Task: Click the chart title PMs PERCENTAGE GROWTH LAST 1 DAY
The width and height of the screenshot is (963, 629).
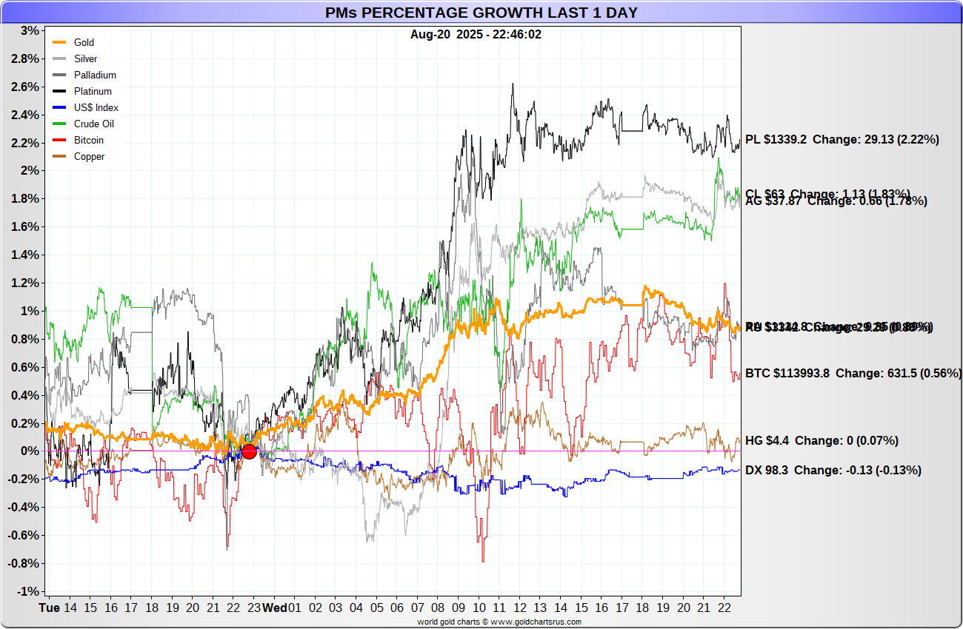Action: [x=481, y=13]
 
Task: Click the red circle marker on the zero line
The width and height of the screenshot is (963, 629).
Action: [x=249, y=451]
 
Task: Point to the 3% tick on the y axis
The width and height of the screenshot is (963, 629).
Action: [x=30, y=31]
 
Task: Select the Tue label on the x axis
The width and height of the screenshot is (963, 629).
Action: [x=49, y=608]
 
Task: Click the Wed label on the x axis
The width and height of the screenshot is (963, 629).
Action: [x=275, y=608]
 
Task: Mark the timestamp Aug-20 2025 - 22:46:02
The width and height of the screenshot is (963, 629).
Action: [x=476, y=34]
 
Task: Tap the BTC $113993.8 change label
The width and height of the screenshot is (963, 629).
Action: [x=852, y=374]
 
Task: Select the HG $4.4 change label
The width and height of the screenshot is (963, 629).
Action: [x=822, y=441]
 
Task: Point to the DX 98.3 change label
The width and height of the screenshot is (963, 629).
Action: [x=833, y=471]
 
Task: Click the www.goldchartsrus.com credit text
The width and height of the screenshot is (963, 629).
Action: [x=499, y=622]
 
